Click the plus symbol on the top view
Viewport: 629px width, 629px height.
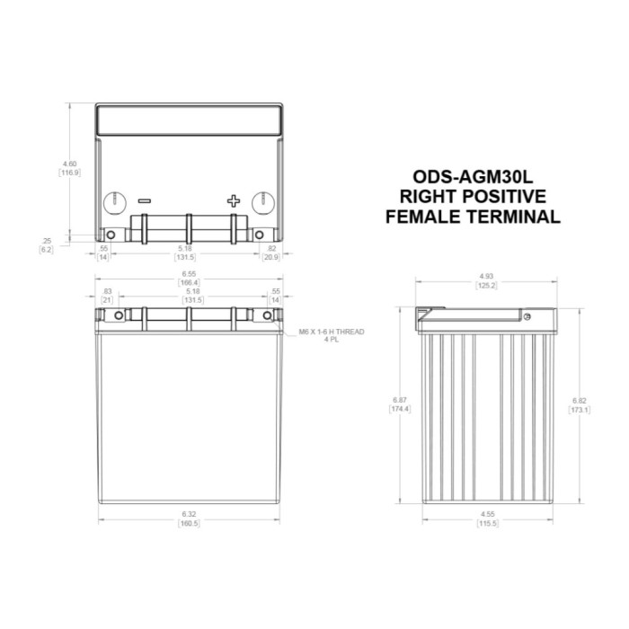pyautogui.click(x=234, y=201)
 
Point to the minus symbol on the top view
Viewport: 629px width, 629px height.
pyautogui.click(x=145, y=201)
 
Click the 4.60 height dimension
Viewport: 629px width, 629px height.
pyautogui.click(x=69, y=164)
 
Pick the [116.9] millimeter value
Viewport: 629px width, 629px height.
pyautogui.click(x=69, y=173)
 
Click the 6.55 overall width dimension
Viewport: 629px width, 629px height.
pyautogui.click(x=189, y=273)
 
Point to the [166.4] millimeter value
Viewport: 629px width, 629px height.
pyautogui.click(x=189, y=282)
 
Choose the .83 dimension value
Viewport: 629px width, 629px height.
pyautogui.click(x=108, y=291)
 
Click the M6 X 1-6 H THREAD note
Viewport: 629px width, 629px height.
pyautogui.click(x=332, y=332)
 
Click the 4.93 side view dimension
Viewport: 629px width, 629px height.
pyautogui.click(x=487, y=275)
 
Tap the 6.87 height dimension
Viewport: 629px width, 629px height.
pyautogui.click(x=399, y=400)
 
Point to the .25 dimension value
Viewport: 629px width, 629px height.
pyautogui.click(x=47, y=240)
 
